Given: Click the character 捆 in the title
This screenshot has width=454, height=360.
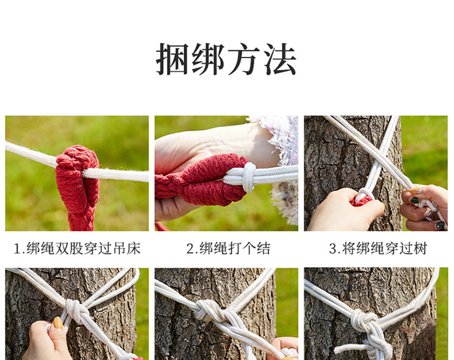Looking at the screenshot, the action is (x=173, y=59).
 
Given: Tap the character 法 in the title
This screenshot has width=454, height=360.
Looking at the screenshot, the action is (x=280, y=59).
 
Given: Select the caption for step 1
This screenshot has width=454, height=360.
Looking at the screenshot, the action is (x=78, y=248).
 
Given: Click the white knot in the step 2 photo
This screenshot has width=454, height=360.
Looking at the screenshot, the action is (x=249, y=177).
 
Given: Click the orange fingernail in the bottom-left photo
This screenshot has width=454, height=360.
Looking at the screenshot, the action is (x=58, y=323).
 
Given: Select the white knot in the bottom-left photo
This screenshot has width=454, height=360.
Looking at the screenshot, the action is (x=74, y=311).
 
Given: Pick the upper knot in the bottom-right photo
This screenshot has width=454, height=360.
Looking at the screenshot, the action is (x=363, y=321).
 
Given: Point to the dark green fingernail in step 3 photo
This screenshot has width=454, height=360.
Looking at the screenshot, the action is (x=414, y=200).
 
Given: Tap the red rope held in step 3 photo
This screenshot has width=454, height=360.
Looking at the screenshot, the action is (x=361, y=201).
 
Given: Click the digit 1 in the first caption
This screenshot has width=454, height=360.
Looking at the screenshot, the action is (x=17, y=249).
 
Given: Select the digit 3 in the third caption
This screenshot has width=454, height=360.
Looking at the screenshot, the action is (x=332, y=249).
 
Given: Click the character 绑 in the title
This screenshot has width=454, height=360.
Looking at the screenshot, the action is (x=208, y=59).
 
